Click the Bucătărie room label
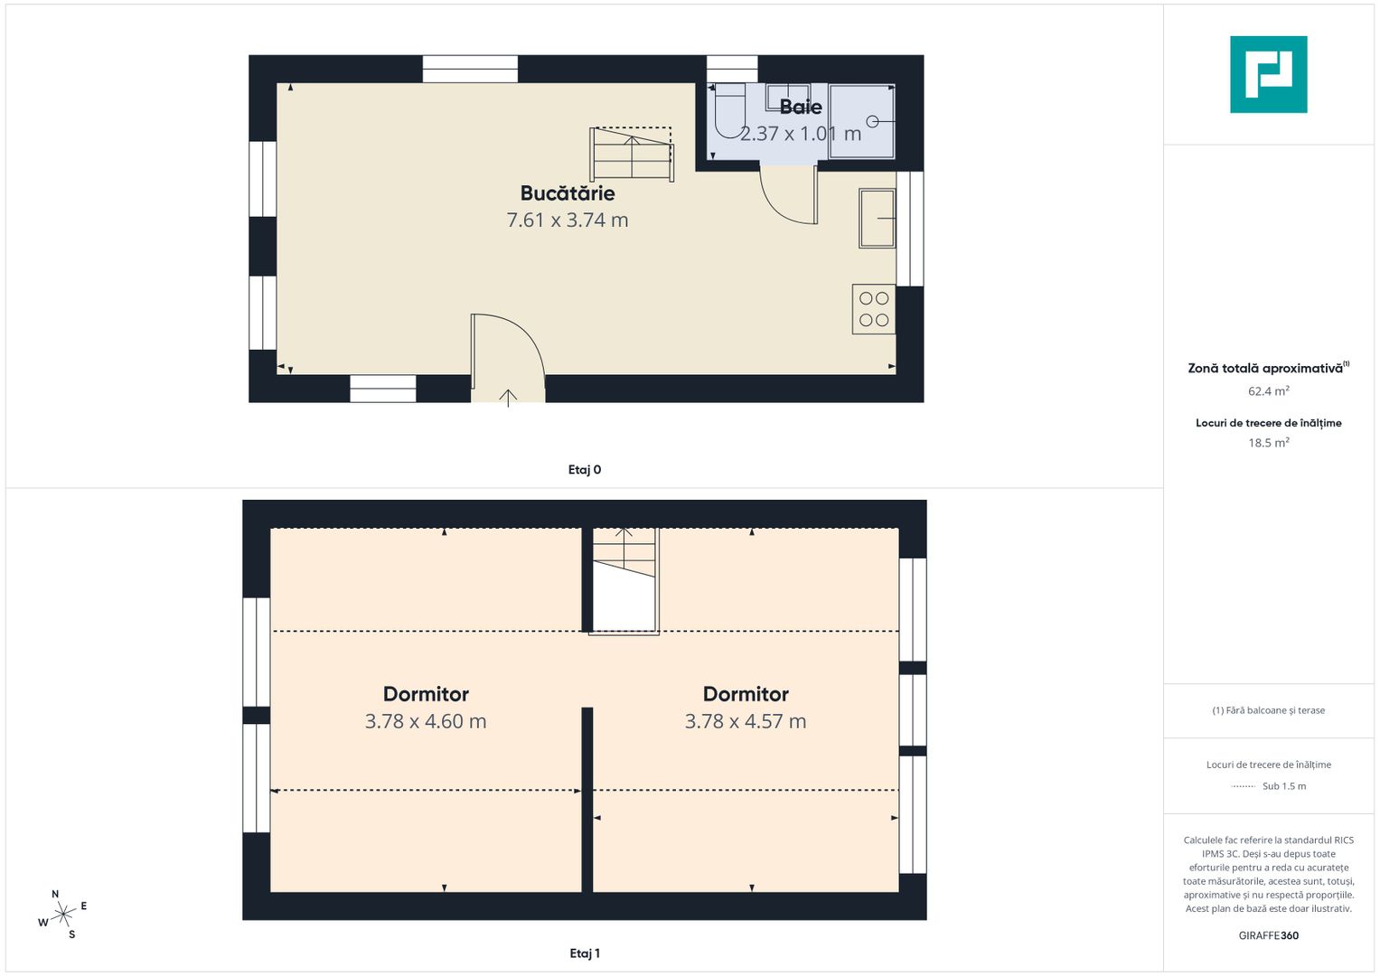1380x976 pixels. click(568, 192)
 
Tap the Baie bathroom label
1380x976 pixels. click(801, 107)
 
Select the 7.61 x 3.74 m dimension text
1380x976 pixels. click(568, 220)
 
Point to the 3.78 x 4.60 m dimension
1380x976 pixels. click(426, 721)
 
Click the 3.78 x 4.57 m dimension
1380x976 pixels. click(746, 721)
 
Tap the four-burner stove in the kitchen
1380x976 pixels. click(874, 309)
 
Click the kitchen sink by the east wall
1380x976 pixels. click(877, 218)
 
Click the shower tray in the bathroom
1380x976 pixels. click(861, 121)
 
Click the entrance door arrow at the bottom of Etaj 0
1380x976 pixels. click(508, 398)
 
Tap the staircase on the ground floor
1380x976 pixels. click(632, 154)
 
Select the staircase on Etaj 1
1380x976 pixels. click(624, 580)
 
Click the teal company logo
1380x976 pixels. click(1269, 74)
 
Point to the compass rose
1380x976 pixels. click(63, 915)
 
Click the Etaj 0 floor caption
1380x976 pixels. click(585, 470)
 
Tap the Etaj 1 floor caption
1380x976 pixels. click(585, 953)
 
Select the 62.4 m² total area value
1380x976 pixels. click(1269, 390)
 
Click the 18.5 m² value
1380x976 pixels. click(1269, 443)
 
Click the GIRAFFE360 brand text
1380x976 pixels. click(1269, 935)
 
